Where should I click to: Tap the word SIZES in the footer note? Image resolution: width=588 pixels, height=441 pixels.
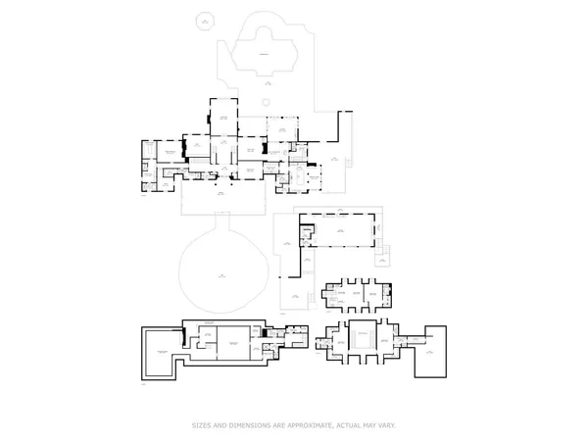[x=201, y=425]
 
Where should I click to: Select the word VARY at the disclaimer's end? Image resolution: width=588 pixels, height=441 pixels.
[x=383, y=425]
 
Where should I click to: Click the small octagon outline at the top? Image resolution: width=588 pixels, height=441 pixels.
[x=204, y=19]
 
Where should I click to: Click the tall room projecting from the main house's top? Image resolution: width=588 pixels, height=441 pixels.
[x=223, y=119]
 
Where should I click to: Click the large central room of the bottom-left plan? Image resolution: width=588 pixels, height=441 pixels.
[x=234, y=343]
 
